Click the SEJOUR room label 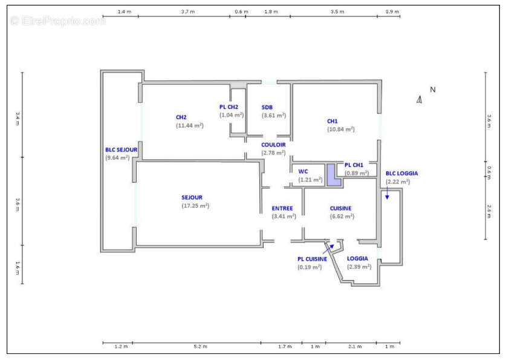tap(192, 198)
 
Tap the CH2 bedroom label tap(181, 117)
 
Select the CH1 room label tap(332, 122)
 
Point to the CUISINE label tap(340, 209)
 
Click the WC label tap(303, 172)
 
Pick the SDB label tap(267, 108)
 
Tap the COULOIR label tap(273, 145)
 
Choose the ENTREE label tap(282, 209)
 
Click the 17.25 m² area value tap(195, 206)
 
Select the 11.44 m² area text tap(190, 126)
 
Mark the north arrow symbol tap(420, 100)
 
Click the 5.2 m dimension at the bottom tap(200, 347)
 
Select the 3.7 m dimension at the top tap(188, 11)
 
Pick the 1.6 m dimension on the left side tap(18, 267)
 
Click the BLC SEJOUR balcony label tap(122, 150)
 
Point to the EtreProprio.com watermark tap(57, 21)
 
